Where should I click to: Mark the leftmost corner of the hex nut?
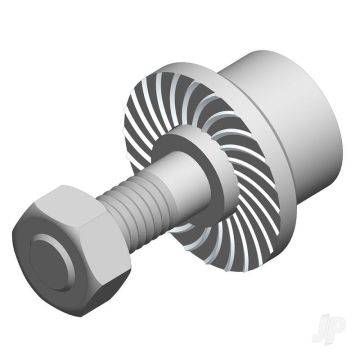click(13, 231)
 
